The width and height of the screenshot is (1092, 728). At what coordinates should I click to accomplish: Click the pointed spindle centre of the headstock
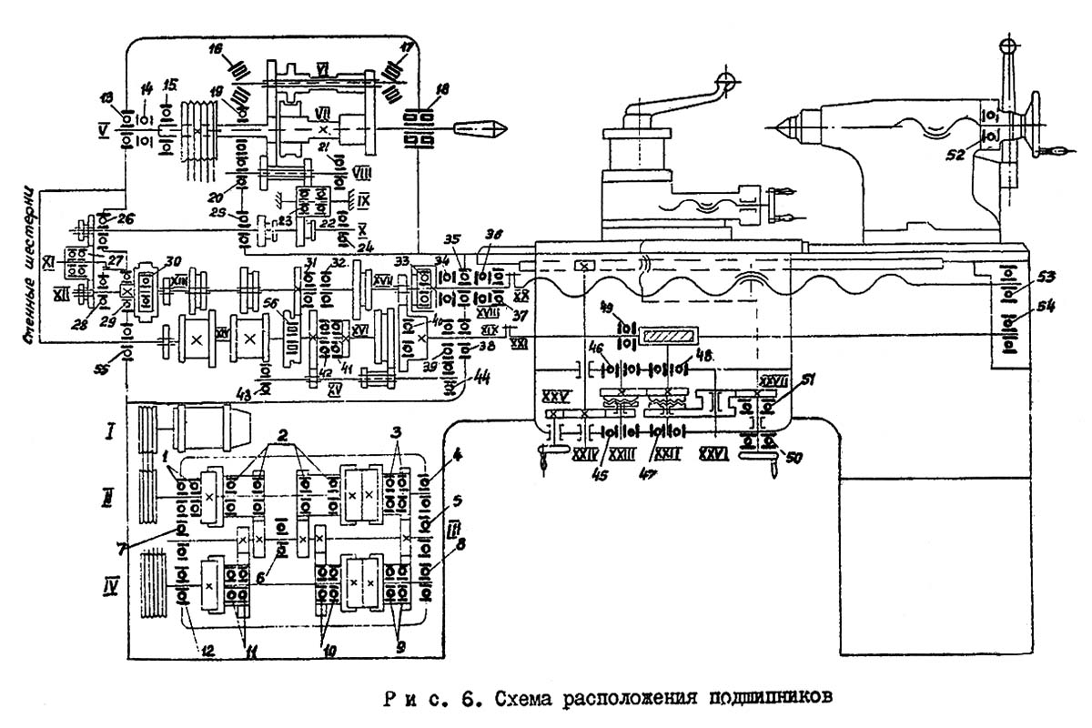(474, 127)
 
